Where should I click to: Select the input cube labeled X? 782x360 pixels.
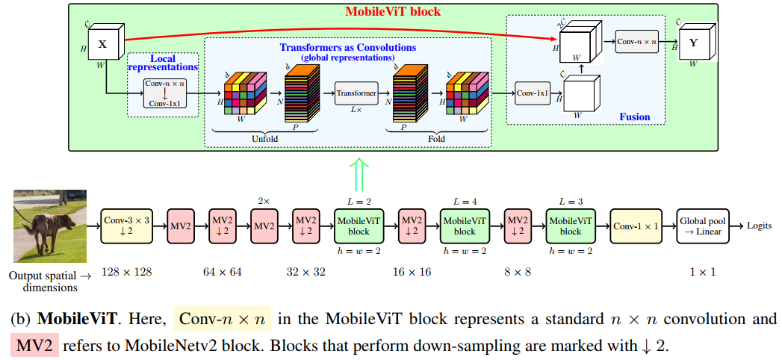102,44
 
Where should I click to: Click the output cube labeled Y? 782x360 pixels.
693,43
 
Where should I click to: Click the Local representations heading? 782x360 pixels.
162,63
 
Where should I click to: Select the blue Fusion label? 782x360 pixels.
634,117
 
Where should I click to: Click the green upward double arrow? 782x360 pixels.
360,174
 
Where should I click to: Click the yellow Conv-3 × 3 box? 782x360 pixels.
126,226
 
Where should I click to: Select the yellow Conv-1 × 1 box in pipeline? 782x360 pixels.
635,226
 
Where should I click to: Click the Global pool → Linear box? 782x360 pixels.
701,226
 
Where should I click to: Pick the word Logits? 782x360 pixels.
760,225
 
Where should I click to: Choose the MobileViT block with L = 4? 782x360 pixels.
465,226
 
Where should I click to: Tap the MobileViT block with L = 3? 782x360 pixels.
570,226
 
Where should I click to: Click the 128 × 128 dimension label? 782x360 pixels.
127,272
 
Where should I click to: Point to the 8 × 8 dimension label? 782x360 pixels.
517,272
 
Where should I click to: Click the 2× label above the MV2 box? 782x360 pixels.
264,201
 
